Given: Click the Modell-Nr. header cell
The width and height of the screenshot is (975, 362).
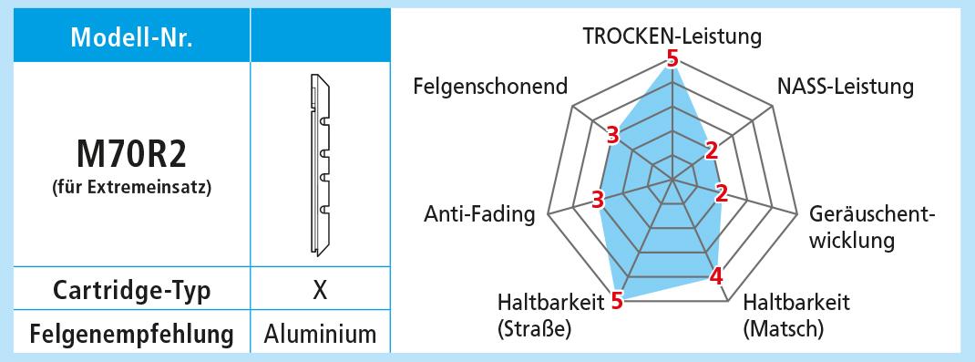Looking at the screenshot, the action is coord(132,37).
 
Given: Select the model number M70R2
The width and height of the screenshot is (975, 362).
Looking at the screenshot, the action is coord(131,155).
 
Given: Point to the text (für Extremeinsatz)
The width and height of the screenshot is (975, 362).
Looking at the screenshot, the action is coord(132,186).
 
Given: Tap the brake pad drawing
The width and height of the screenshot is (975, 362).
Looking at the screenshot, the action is coord(320,165).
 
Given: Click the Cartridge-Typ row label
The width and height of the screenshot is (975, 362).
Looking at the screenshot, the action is coord(132,291).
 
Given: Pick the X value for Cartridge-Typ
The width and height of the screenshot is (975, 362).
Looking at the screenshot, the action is coord(320,290).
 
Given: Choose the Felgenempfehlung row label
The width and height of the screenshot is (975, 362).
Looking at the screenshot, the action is coord(132,334).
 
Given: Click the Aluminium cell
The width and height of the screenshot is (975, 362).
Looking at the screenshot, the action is coord(320,334).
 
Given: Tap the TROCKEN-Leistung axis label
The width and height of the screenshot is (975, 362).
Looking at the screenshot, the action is coord(672,36).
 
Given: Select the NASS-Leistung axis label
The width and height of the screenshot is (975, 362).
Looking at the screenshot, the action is coord(846,87).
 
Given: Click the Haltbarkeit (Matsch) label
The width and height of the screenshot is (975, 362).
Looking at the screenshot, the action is coord(796,315).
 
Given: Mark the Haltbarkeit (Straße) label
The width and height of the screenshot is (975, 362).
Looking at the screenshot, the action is coord(551,315).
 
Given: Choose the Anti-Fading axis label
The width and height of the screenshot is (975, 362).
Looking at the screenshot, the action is coord(479,214).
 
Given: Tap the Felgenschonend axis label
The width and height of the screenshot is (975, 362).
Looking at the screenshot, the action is coord(490,86).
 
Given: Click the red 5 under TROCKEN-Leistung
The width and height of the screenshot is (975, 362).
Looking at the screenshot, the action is coord(672,59).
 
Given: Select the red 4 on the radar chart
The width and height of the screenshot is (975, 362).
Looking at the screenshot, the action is coord(717,275).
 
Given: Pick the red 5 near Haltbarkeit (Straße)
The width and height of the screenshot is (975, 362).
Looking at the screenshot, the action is coord(617,302).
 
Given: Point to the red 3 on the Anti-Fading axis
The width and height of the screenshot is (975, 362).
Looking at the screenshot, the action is coord(598,201).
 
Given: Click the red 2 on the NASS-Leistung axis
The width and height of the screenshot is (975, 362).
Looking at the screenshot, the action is coord(712,150).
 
